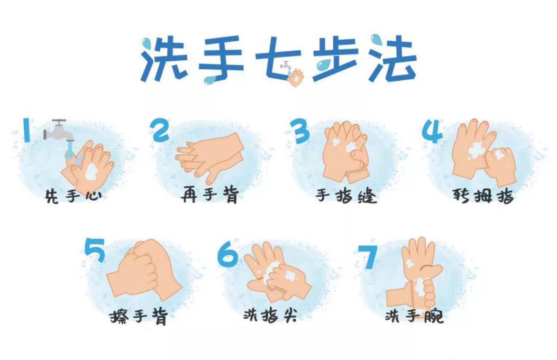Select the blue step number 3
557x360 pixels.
pos(300,131)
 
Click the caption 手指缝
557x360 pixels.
pos(346,196)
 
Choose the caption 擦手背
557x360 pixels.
pos(138,317)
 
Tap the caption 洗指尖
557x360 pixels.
pos(270,316)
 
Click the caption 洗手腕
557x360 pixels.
pos(414,316)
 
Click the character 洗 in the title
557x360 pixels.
pos(162,59)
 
